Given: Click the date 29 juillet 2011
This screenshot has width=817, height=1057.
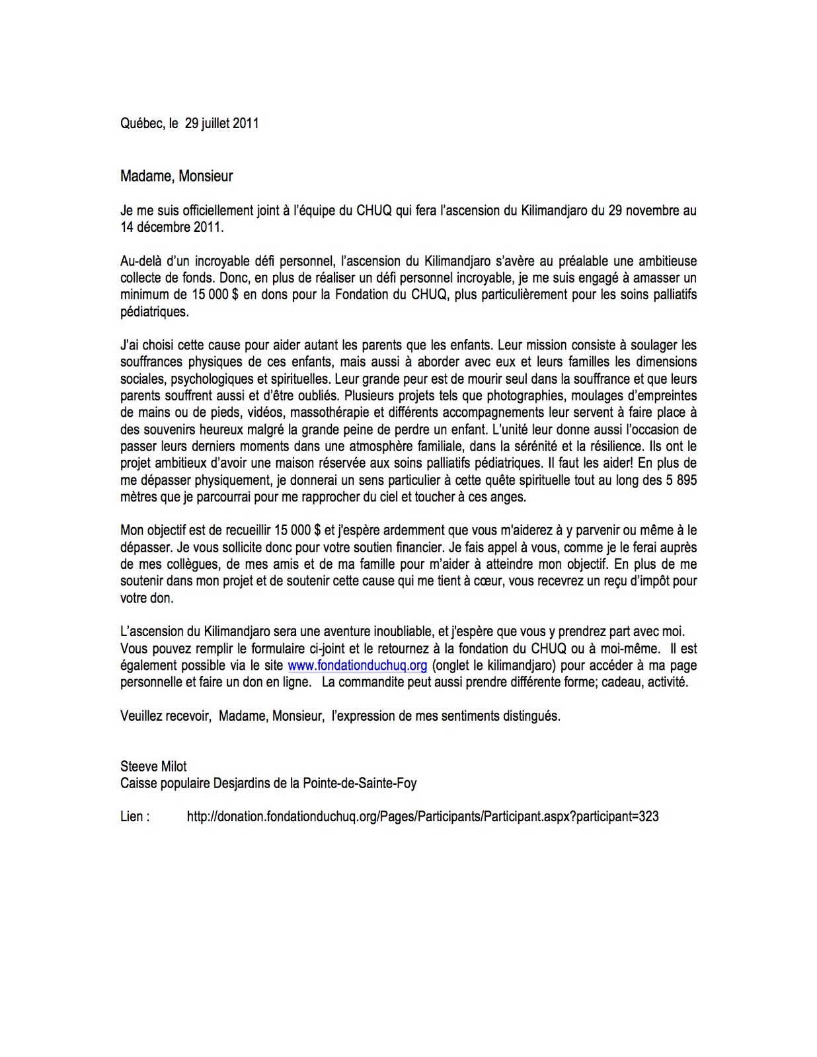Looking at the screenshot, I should tap(221, 124).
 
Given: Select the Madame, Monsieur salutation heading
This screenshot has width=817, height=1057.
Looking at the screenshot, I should tap(176, 176).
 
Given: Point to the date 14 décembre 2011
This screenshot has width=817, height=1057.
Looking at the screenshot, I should tap(171, 228).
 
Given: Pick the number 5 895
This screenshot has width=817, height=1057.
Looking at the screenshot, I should tap(677, 480).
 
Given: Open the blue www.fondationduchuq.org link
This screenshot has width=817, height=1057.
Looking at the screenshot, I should tap(357, 665).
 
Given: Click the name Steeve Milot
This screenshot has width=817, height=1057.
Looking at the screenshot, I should tap(153, 766).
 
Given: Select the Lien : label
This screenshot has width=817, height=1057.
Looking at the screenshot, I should tap(135, 817).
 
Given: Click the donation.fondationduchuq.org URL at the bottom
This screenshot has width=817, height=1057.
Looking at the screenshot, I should tap(422, 817).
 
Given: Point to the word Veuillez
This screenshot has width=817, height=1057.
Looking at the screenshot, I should tap(141, 716).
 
